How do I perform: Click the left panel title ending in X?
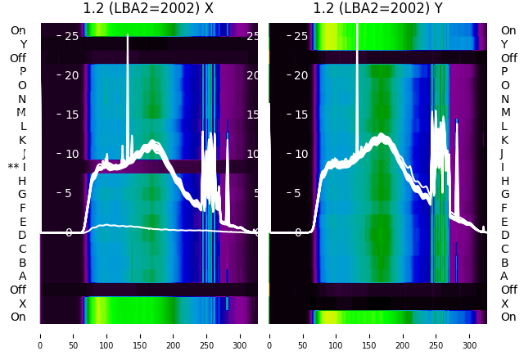[x=148, y=9]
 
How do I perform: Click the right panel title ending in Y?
[x=377, y=9]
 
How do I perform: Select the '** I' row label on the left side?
[x=17, y=167]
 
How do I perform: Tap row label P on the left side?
[x=22, y=72]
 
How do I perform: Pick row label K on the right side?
[x=504, y=140]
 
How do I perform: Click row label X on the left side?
[x=22, y=304]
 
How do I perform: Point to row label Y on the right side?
[x=504, y=44]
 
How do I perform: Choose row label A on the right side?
[x=504, y=277]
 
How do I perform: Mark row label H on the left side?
[x=22, y=181]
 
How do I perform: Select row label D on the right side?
[x=504, y=236]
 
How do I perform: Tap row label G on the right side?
[x=504, y=195]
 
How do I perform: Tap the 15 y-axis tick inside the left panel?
[x=70, y=115]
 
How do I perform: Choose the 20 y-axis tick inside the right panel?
[x=300, y=75]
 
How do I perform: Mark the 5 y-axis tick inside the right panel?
[x=303, y=193]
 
